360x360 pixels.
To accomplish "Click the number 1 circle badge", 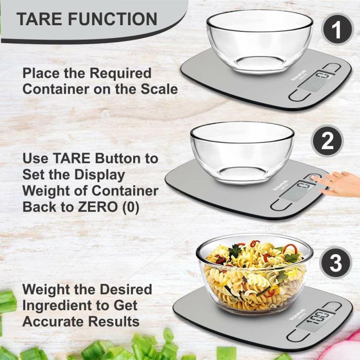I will click(x=337, y=30).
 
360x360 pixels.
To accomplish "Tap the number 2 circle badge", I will click(x=328, y=141).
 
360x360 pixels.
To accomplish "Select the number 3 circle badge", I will click(x=335, y=264).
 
